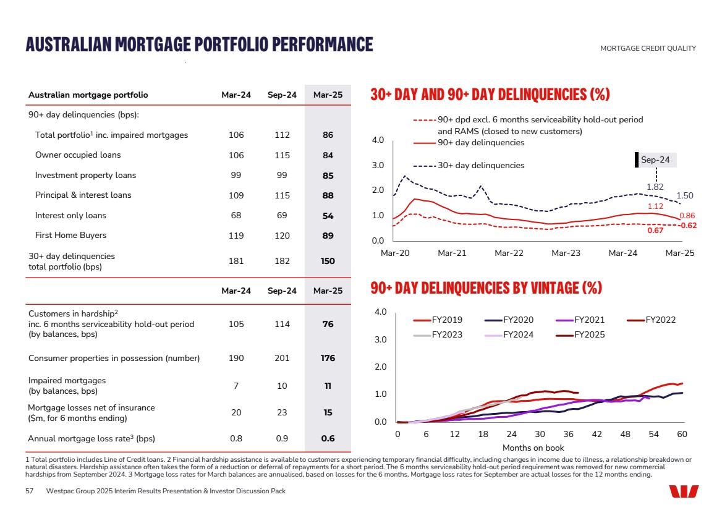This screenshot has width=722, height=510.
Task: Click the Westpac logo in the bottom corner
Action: [684, 491]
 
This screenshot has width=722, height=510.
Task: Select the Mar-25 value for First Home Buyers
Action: [328, 236]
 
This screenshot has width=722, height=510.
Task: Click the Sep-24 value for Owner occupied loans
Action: [282, 155]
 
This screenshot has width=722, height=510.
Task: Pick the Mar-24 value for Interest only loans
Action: [236, 216]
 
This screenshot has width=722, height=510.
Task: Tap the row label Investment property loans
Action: [85, 176]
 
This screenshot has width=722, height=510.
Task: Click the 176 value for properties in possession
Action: [328, 359]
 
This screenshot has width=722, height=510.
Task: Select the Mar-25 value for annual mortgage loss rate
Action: [328, 439]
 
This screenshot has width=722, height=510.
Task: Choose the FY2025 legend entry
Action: [589, 335]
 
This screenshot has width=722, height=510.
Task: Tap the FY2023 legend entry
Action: [447, 335]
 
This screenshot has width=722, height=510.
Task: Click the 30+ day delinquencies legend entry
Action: [481, 166]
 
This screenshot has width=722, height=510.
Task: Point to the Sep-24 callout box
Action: [655, 159]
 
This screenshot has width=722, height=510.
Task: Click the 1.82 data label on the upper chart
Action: [655, 187]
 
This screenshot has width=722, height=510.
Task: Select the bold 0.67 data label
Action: [655, 231]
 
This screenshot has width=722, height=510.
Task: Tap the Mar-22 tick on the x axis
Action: [509, 253]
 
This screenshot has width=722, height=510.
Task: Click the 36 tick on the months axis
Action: [569, 435]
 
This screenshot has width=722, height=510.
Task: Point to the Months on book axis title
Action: [533, 448]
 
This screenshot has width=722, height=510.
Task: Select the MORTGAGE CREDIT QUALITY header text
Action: [648, 49]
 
